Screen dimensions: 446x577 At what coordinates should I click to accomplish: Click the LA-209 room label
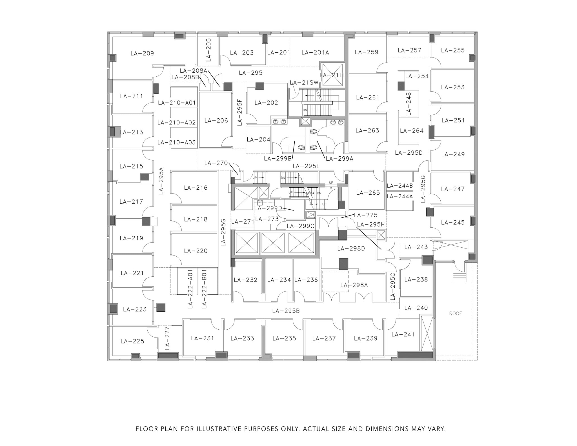click(x=142, y=53)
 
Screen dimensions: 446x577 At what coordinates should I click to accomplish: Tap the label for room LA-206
click(x=216, y=121)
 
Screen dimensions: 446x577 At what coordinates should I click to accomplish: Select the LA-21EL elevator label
click(x=333, y=75)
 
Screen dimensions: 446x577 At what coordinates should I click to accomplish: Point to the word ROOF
click(x=456, y=313)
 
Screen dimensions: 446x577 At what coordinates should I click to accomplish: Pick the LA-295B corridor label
click(x=286, y=311)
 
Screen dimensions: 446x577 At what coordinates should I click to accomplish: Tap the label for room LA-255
click(x=453, y=50)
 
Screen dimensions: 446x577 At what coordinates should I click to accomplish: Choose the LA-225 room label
click(x=132, y=341)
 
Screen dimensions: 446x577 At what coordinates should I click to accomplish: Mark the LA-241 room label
click(x=403, y=334)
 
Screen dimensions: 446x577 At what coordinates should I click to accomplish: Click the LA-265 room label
click(x=368, y=193)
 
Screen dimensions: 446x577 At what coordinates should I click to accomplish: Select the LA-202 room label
click(x=266, y=103)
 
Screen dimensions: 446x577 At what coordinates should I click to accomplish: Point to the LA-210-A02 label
click(x=177, y=123)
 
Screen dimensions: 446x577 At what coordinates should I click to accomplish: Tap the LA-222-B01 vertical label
click(x=205, y=289)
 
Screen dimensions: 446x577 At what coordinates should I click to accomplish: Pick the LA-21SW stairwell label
click(x=304, y=83)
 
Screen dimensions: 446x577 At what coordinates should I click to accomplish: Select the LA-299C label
click(x=300, y=226)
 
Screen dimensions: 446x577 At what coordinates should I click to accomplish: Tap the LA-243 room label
click(x=416, y=247)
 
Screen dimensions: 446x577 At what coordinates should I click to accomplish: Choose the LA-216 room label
click(x=196, y=188)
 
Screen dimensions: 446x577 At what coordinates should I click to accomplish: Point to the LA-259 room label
click(x=367, y=52)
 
